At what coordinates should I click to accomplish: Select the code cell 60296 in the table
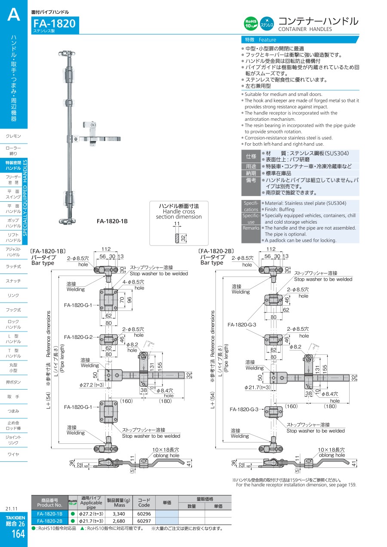pyautogui.click(x=144, y=513)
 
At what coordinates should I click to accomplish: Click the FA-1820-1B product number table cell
pyautogui.click(x=49, y=513)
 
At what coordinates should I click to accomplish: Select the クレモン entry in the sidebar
pyautogui.click(x=13, y=136)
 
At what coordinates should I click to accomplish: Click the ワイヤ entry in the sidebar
pyautogui.click(x=13, y=455)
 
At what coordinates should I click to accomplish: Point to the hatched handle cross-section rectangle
pyautogui.click(x=176, y=238)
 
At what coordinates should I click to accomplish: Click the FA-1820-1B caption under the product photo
pyautogui.click(x=112, y=221)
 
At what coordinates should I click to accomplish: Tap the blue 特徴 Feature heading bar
pyautogui.click(x=300, y=40)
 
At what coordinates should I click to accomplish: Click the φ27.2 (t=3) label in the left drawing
pyautogui.click(x=92, y=385)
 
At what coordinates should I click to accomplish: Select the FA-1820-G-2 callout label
pyautogui.click(x=78, y=337)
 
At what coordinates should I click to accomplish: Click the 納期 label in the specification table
pyautogui.click(x=251, y=173)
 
